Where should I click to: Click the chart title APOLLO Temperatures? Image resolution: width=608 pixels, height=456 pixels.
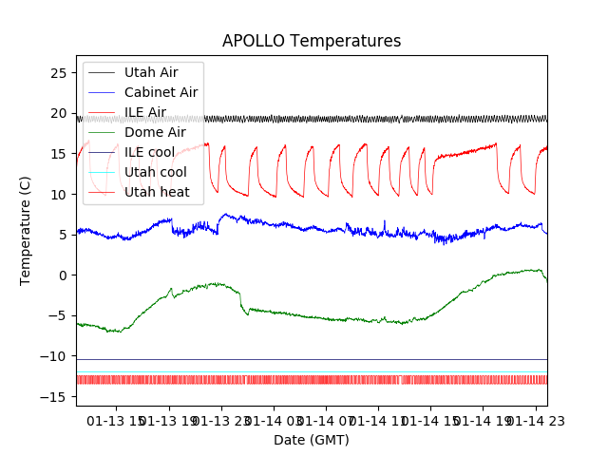[312, 41]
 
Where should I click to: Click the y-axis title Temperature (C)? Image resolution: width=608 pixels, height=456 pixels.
[26, 230]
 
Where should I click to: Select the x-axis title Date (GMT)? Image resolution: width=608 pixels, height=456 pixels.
[312, 440]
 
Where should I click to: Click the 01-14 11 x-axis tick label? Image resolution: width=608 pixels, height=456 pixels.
[378, 419]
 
